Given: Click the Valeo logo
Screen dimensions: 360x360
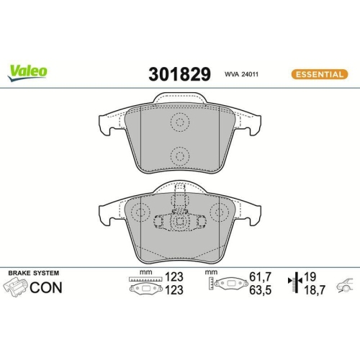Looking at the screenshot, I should [x=28, y=71].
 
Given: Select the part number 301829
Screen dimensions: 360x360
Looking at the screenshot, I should [x=179, y=73].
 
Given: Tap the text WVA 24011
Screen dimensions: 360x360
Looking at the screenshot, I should [x=242, y=73].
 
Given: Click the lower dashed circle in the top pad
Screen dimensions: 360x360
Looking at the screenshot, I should [x=180, y=154].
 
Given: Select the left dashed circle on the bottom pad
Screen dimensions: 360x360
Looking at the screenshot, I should [x=141, y=213].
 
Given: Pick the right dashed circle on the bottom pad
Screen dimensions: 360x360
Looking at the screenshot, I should [x=218, y=213].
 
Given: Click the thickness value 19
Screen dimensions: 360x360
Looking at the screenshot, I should [x=310, y=276].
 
